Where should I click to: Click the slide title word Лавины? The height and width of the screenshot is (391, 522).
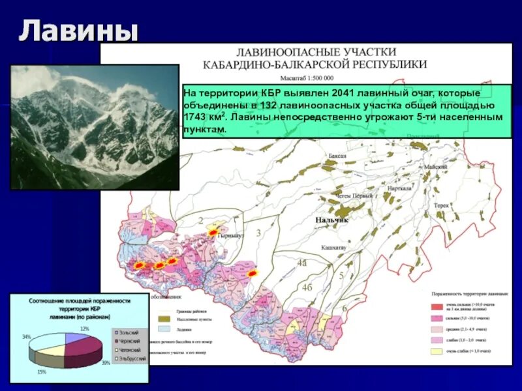point(78,31)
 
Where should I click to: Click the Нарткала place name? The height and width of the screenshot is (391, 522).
point(399,188)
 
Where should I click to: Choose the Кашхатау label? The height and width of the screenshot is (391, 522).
point(333,248)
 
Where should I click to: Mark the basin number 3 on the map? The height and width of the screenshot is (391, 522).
point(258,233)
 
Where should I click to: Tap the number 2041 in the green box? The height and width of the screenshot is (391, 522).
point(342,93)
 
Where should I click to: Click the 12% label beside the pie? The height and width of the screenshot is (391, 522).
point(84,328)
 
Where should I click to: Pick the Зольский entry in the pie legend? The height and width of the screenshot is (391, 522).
point(129,332)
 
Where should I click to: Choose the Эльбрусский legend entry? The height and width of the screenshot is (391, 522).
point(132,358)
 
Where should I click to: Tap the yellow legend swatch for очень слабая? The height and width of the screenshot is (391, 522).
point(436,351)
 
